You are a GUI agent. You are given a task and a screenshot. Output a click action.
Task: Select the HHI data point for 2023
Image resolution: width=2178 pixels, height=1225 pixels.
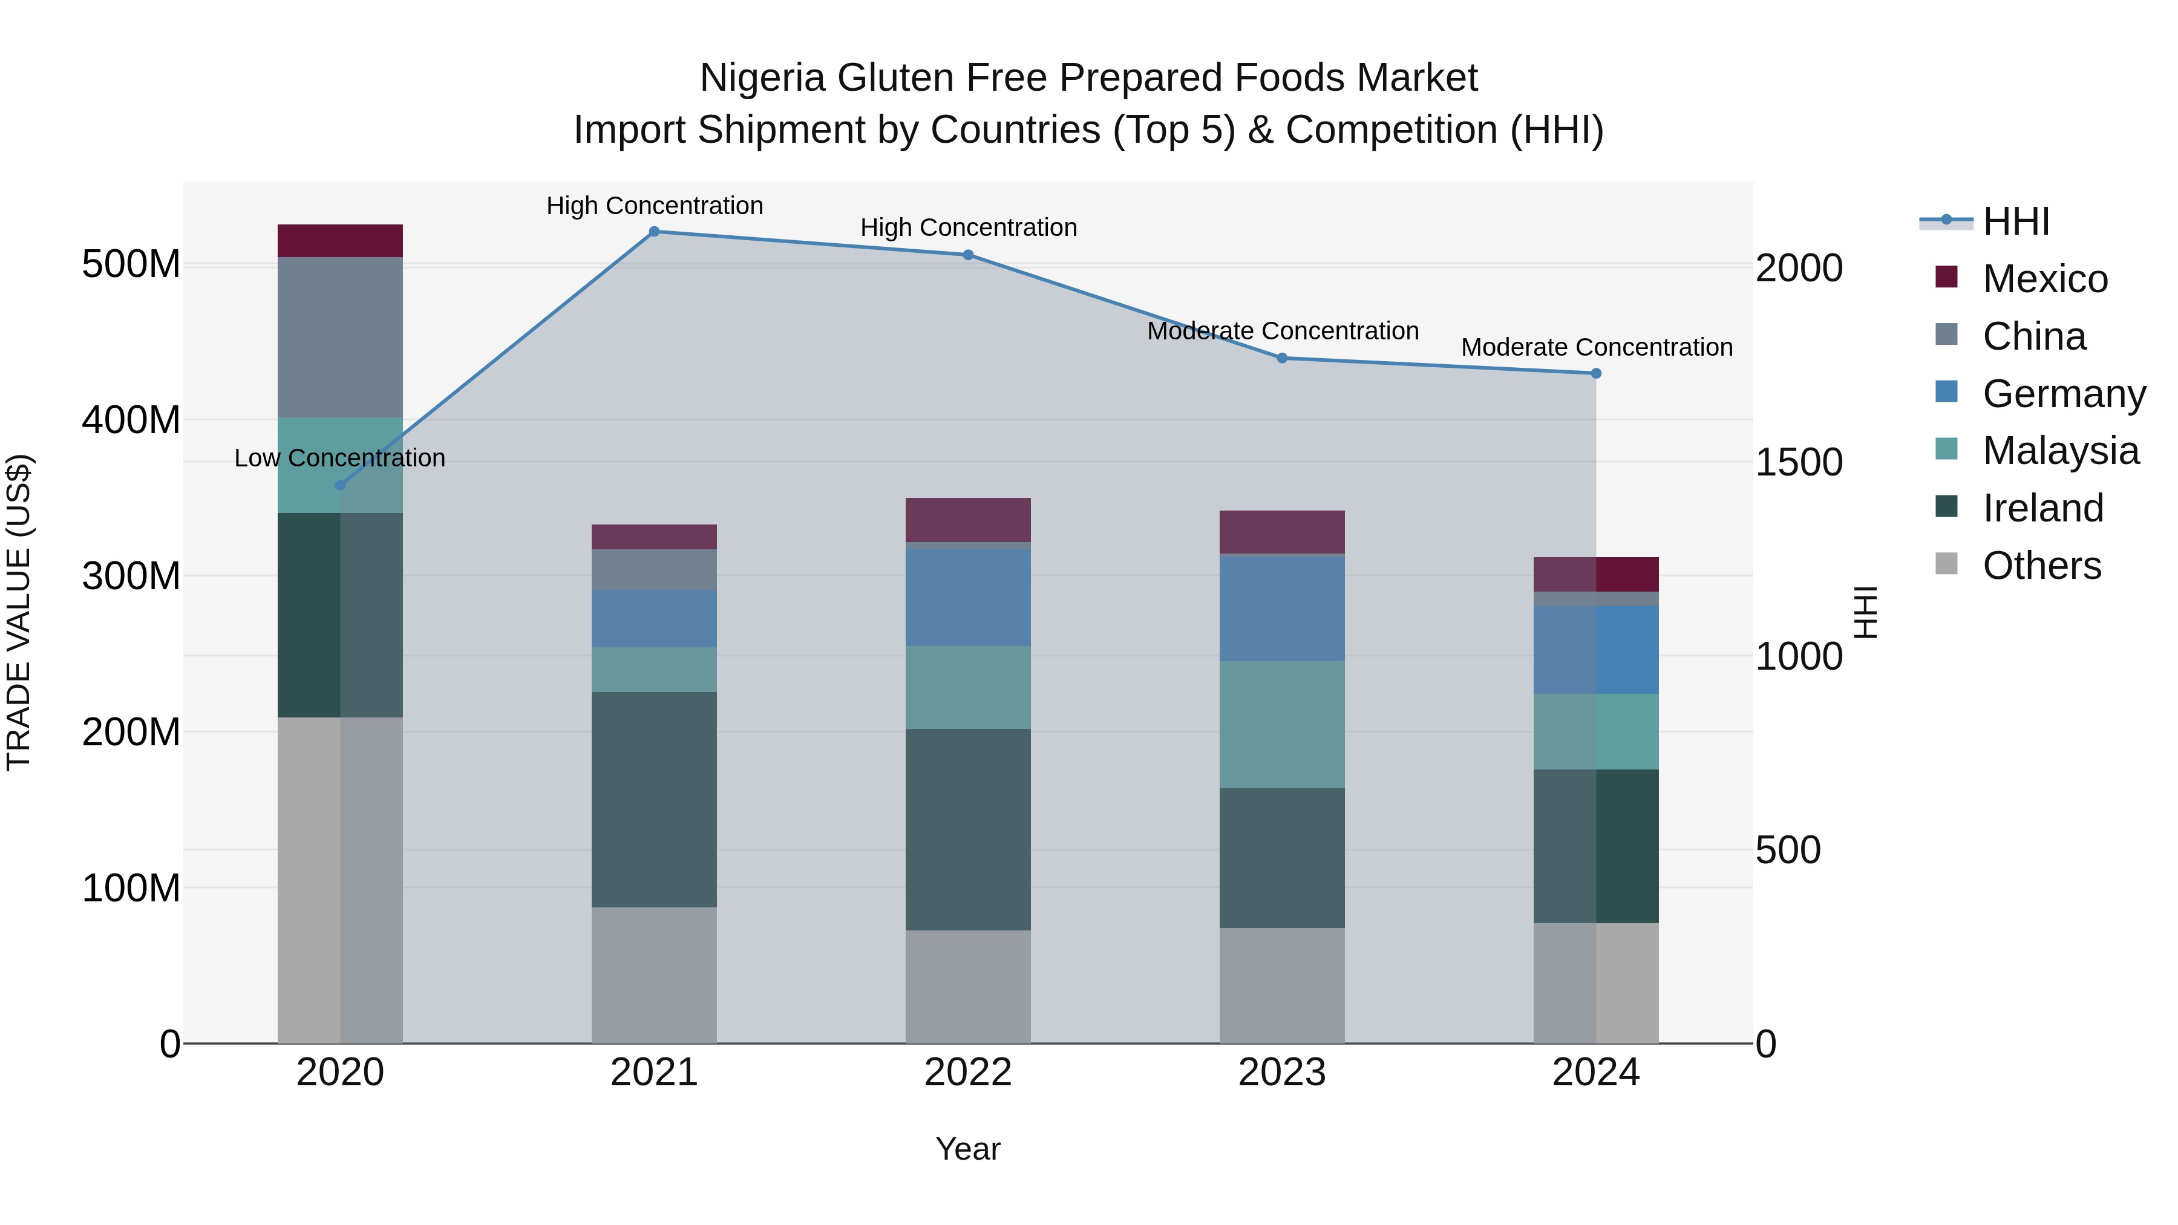[1282, 359]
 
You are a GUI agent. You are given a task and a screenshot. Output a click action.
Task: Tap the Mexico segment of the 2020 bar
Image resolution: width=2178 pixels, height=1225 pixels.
[340, 241]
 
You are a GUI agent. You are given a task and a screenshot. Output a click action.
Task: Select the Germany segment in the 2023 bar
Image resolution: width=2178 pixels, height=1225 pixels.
[1282, 608]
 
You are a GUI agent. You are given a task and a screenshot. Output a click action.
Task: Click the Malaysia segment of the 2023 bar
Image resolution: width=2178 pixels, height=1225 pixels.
[1282, 725]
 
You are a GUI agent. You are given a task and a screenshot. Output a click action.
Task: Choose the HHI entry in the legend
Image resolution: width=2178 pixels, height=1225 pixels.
[2016, 221]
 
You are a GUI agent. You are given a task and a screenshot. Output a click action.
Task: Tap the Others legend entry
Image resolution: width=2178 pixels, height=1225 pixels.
[2041, 566]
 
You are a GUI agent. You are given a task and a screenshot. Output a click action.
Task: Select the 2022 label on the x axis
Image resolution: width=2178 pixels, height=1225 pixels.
[968, 1073]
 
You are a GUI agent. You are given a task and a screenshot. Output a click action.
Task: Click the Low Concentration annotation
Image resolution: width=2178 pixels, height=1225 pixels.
[340, 458]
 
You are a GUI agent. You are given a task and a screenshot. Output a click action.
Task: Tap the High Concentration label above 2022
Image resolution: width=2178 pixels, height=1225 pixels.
[968, 227]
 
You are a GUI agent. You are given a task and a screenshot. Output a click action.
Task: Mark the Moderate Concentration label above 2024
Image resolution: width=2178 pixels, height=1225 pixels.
[1597, 347]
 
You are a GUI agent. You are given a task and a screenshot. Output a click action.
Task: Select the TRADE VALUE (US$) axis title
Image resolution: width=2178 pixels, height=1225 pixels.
[19, 612]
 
